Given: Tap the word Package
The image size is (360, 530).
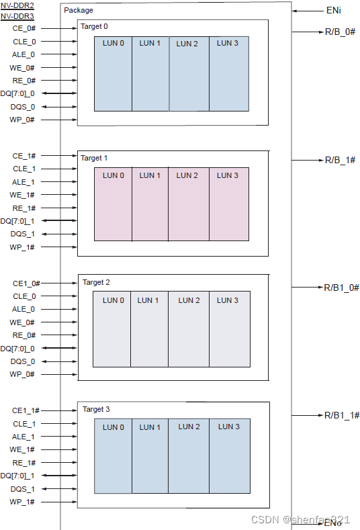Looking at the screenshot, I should tap(79, 10).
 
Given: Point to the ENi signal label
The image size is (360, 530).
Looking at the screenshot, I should tap(333, 11).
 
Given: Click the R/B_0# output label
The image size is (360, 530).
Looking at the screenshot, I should tap(340, 32).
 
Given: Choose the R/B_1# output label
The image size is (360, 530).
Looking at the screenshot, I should tap(340, 160).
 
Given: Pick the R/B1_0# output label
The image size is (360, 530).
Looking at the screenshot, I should tap(342, 288).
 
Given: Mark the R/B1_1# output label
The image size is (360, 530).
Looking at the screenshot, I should tap(342, 416).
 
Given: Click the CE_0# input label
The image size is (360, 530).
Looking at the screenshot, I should tap(24, 28).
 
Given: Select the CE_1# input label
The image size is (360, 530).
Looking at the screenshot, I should tap(24, 156).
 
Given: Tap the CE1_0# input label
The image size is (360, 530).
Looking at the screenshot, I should tap(26, 283).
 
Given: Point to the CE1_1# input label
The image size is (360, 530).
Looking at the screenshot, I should tap(26, 410).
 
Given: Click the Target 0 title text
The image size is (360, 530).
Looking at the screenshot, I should tap(94, 27).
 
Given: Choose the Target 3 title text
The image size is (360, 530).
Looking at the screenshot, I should tap(96, 409).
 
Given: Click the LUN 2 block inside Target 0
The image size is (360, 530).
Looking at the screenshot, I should tap(188, 74).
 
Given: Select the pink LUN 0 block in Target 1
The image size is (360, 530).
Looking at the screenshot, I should tap(113, 204).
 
